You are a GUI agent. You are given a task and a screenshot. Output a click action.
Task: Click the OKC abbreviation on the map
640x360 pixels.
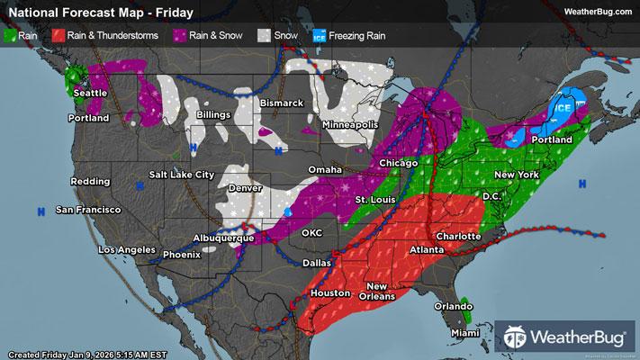312,232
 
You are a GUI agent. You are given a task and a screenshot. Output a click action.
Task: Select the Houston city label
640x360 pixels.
329,293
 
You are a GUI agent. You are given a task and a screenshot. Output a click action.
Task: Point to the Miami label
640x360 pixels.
464,334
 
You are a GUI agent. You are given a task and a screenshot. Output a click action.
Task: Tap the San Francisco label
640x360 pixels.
88,210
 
